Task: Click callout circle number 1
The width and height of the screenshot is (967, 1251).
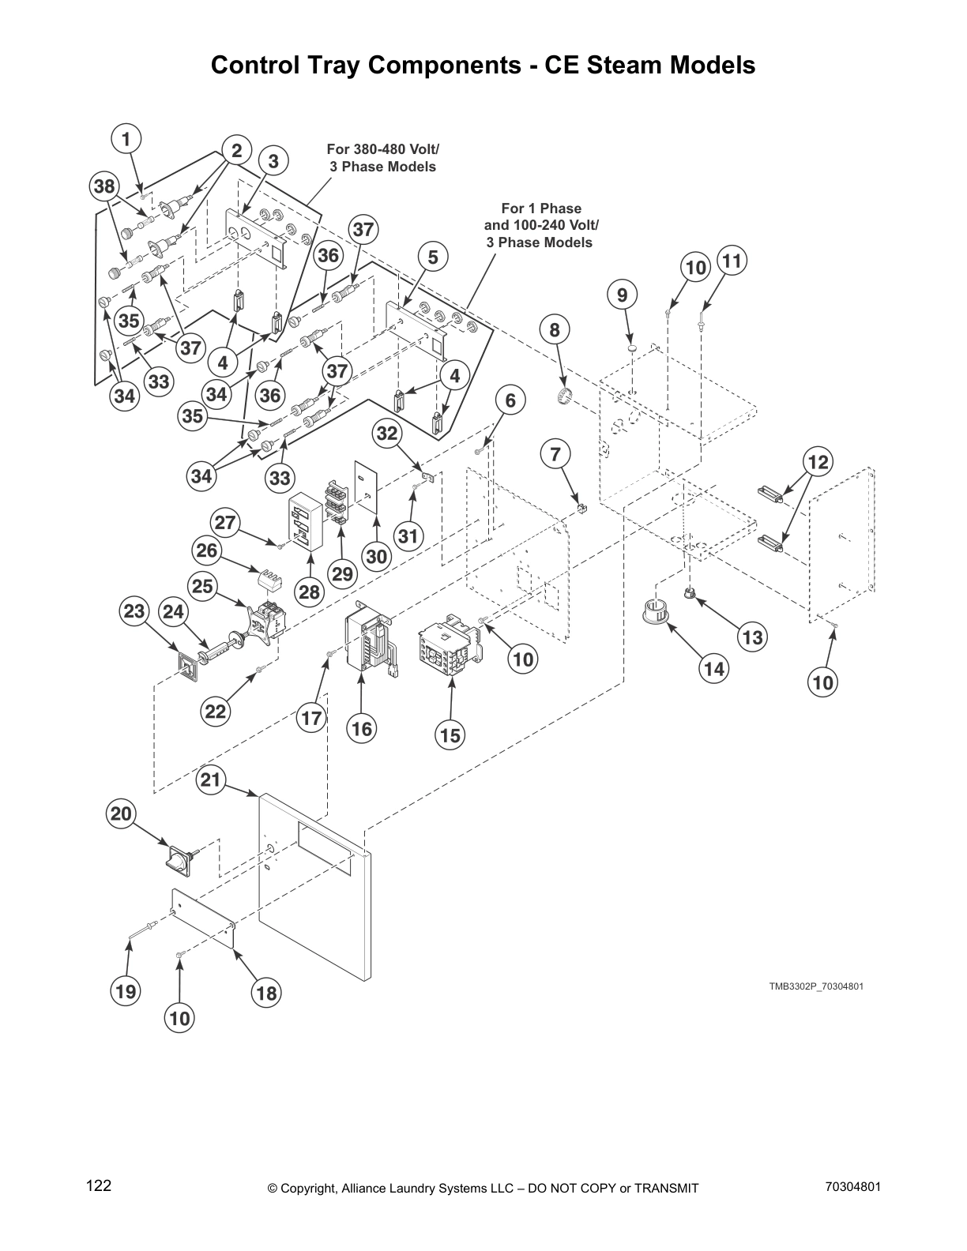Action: [125, 139]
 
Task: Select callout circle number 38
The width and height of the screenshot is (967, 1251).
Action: [103, 186]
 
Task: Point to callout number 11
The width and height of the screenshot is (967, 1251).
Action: [732, 261]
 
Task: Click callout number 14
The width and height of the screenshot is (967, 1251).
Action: [713, 669]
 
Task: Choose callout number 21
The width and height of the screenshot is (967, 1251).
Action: [210, 780]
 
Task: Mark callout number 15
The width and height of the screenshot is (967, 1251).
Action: [450, 735]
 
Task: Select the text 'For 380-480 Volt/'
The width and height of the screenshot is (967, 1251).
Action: [383, 148]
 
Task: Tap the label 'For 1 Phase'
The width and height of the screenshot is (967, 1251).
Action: [540, 208]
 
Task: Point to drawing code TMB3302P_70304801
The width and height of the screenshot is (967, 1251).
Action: [811, 986]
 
